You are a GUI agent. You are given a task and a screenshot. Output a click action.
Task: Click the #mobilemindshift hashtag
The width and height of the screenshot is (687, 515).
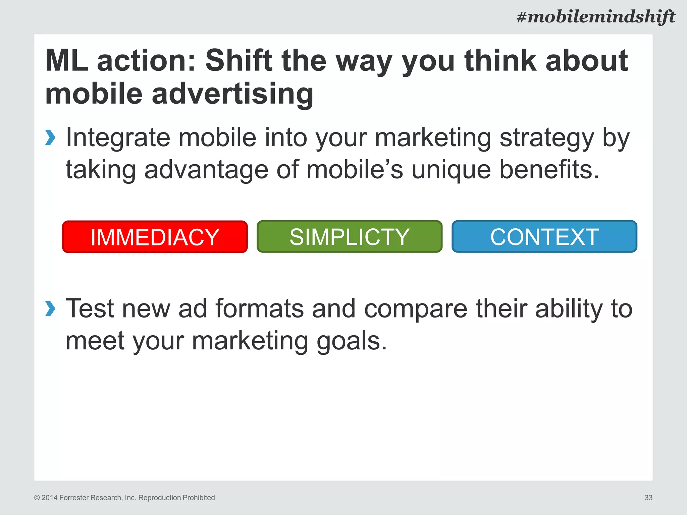pyautogui.click(x=596, y=17)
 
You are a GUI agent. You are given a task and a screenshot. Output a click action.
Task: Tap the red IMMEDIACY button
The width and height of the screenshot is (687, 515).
pyautogui.click(x=155, y=237)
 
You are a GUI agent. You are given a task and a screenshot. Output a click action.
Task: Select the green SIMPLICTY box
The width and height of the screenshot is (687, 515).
pyautogui.click(x=349, y=237)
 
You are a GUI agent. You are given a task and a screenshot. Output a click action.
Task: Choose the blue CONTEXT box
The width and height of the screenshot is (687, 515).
pyautogui.click(x=544, y=237)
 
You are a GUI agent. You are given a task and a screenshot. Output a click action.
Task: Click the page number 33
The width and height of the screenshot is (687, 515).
pyautogui.click(x=648, y=498)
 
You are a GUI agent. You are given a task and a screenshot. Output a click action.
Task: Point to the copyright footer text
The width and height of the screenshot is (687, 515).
pyautogui.click(x=124, y=498)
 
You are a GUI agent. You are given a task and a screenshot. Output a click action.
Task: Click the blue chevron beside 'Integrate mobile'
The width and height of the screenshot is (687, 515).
pyautogui.click(x=50, y=137)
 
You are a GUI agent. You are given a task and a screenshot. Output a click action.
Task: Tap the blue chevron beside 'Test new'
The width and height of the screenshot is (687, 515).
pyautogui.click(x=50, y=308)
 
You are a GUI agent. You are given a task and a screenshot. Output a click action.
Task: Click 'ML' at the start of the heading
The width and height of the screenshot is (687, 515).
pyautogui.click(x=66, y=61)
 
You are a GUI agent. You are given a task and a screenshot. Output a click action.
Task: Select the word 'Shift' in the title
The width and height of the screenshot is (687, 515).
pyautogui.click(x=239, y=61)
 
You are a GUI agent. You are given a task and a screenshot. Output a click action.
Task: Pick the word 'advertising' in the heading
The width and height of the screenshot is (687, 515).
pyautogui.click(x=232, y=94)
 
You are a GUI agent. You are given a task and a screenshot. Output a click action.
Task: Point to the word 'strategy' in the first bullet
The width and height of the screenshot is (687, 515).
pyautogui.click(x=547, y=138)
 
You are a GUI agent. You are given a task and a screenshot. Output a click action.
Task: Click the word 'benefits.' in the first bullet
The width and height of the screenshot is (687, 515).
pyautogui.click(x=549, y=170)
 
